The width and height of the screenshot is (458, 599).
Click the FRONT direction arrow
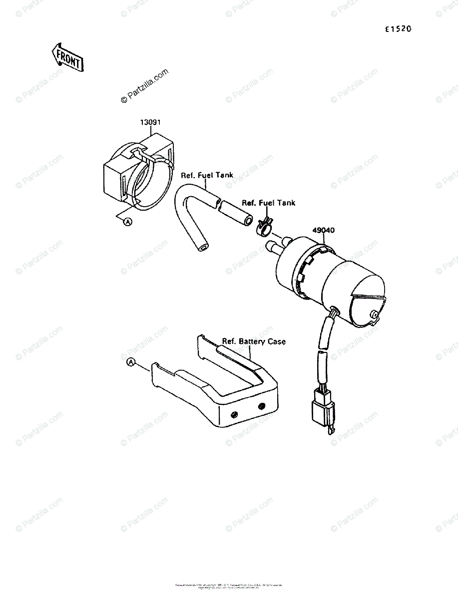[67, 57]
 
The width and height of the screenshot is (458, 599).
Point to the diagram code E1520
[398, 29]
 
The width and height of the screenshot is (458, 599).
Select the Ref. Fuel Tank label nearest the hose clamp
[268, 203]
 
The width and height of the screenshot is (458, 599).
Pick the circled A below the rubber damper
[128, 222]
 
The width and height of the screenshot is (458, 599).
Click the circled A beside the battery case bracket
[131, 362]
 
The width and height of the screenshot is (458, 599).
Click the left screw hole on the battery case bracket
[233, 414]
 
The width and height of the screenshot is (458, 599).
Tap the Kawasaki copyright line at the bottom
[229, 586]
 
